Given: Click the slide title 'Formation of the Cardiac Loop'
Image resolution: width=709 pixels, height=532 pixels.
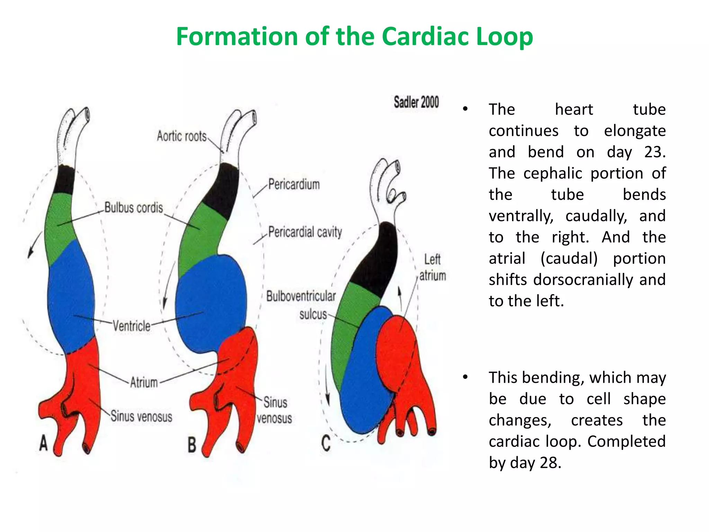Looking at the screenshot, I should point(354,37).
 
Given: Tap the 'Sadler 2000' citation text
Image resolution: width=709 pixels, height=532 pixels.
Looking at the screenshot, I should point(416,102).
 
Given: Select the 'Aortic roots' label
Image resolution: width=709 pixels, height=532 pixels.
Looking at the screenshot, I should point(181,136).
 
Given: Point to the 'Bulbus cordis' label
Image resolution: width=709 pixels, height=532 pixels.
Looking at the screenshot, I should point(134,207).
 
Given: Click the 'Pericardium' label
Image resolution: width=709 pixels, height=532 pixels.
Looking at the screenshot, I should point(294,184).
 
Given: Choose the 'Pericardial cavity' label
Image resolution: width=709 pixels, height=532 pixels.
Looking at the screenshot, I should point(305,232).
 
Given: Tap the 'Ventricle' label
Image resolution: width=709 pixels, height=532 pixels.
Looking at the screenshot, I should point(132,326).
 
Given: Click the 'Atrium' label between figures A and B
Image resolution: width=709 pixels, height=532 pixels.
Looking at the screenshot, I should point(144,382).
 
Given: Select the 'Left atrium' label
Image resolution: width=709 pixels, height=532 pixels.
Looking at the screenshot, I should point(432,267).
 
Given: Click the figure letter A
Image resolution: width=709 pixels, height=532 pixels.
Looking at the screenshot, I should point(43,443).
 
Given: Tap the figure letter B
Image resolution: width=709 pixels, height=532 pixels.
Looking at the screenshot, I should point(192,445).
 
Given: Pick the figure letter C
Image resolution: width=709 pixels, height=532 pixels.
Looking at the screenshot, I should point(326,443).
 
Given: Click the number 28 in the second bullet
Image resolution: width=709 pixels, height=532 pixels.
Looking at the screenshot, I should point(550,463).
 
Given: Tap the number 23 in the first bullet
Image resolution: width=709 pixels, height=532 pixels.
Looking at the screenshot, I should point(654,152).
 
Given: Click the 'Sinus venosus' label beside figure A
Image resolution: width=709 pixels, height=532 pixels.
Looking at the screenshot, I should point(141,416).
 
